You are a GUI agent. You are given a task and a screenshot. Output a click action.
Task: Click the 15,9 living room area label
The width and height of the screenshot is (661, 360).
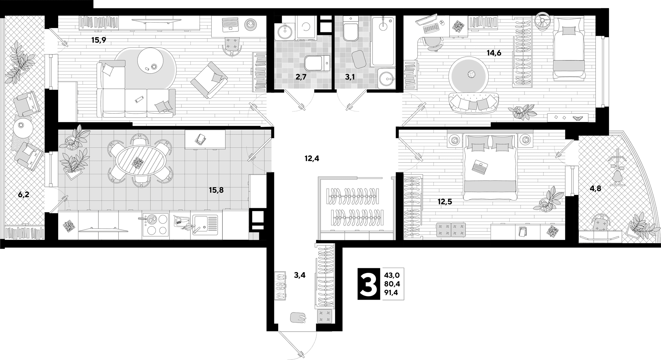tap(99, 40)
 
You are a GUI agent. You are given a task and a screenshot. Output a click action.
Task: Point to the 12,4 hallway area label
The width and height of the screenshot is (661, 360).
tap(312, 158)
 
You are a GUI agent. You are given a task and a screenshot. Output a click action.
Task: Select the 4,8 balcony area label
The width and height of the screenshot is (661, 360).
tap(595, 189)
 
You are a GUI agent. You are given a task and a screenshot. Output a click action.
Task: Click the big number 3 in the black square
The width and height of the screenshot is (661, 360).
tap(369, 284)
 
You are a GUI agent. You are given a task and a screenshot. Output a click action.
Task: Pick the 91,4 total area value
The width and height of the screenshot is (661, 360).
tap(392, 293)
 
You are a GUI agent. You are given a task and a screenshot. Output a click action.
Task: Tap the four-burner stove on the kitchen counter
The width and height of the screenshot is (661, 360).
tap(156, 225)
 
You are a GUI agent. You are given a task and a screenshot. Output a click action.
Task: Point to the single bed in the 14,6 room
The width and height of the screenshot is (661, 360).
tap(569, 49)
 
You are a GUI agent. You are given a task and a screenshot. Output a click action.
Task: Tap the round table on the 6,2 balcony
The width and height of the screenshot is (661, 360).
tap(23, 128)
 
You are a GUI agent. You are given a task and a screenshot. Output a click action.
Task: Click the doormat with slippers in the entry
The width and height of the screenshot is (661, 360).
tap(298, 318)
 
